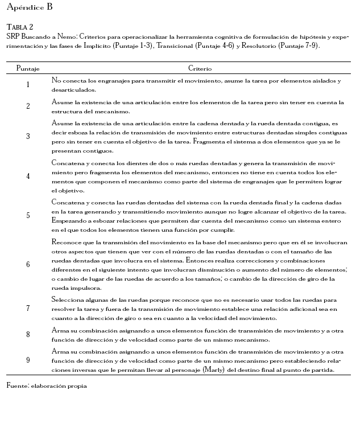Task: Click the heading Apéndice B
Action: pos(29,7)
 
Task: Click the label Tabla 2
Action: pos(20,27)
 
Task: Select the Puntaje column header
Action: pos(28,68)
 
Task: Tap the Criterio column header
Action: pos(200,68)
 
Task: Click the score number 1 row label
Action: pos(28,85)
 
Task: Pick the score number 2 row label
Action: pos(28,106)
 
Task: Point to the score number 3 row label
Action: pos(28,137)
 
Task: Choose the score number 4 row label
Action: pos(28,176)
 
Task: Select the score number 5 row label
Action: pos(28,215)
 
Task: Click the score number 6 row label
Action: pos(28,265)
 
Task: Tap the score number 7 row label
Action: pos(28,308)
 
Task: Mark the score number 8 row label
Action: pos(28,335)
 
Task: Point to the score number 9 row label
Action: pos(28,360)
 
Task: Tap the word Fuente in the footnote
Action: pos(16,385)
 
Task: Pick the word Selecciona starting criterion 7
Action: pos(68,299)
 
